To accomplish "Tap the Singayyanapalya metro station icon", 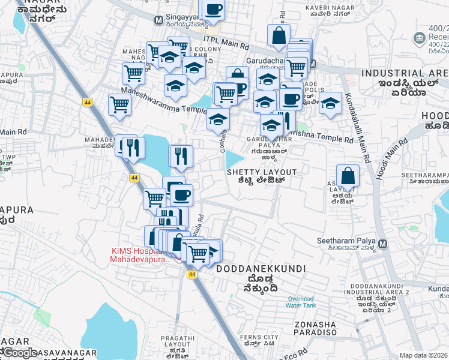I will (158, 20).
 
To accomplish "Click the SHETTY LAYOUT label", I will (261, 172).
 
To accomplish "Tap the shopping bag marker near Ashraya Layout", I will (348, 176).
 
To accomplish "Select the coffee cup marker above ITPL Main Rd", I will (213, 10).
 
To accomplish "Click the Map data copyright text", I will (424, 355).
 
